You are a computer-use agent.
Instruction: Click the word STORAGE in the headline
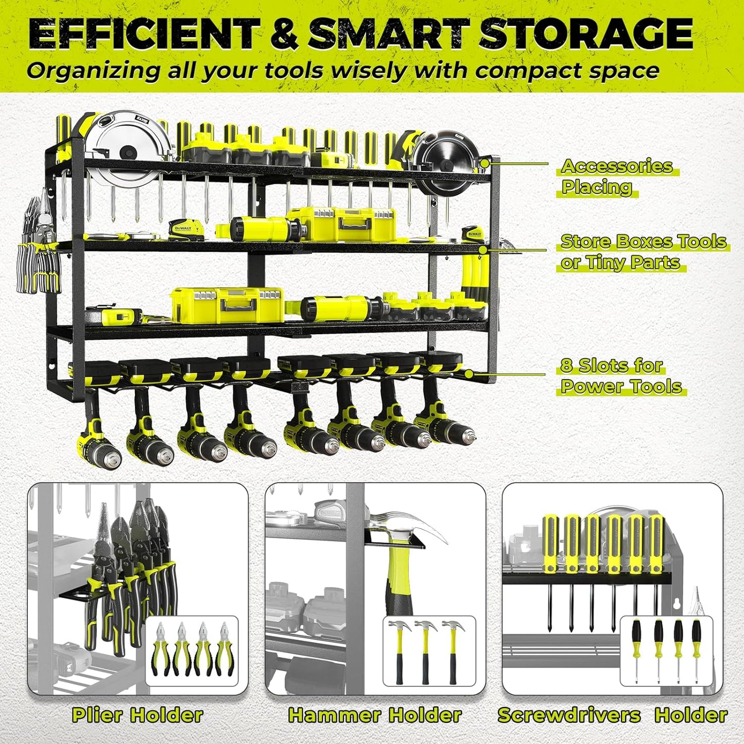[585, 33]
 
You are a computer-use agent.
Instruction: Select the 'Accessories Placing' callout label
[616, 176]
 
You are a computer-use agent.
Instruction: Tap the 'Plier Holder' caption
[137, 715]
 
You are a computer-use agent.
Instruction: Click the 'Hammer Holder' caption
[374, 715]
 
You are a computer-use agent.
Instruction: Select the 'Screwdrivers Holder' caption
[612, 715]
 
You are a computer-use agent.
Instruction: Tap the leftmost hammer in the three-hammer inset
[399, 651]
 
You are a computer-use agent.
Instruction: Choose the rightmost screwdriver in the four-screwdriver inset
[697, 650]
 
